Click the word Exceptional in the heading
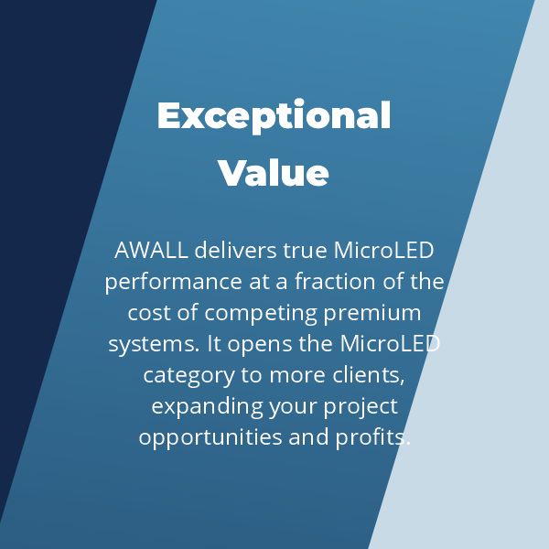pos(274,117)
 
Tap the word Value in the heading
pos(274,172)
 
